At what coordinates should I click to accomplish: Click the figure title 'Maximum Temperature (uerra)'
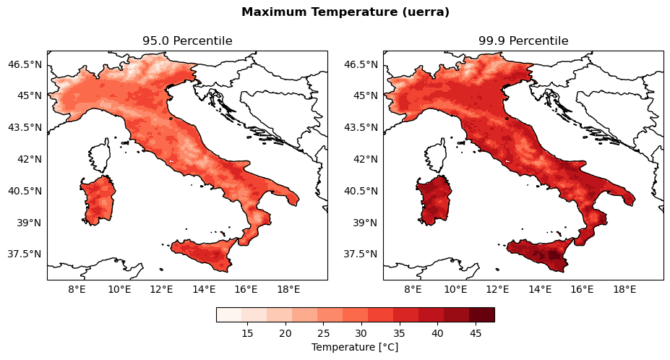[x=345, y=12]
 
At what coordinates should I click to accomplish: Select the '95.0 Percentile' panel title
[x=187, y=41]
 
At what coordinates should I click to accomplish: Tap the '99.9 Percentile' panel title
[x=523, y=41]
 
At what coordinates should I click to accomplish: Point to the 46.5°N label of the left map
[x=24, y=64]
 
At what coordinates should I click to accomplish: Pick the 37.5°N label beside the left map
[x=24, y=254]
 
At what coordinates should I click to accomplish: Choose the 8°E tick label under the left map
[x=77, y=290]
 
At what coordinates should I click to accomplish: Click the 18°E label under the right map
[x=624, y=290]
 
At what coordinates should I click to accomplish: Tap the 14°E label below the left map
[x=204, y=290]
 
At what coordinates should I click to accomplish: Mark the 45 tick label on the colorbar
[x=476, y=333]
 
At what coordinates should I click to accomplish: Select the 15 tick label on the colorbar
[x=247, y=333]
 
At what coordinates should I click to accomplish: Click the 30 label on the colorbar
[x=361, y=333]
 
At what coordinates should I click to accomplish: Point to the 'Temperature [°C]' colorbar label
[x=355, y=348]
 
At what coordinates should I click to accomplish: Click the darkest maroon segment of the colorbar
[x=481, y=314]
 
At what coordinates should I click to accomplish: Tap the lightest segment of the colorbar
[x=228, y=314]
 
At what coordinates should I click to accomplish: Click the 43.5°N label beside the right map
[x=360, y=127]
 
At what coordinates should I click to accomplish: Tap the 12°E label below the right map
[x=497, y=290]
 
